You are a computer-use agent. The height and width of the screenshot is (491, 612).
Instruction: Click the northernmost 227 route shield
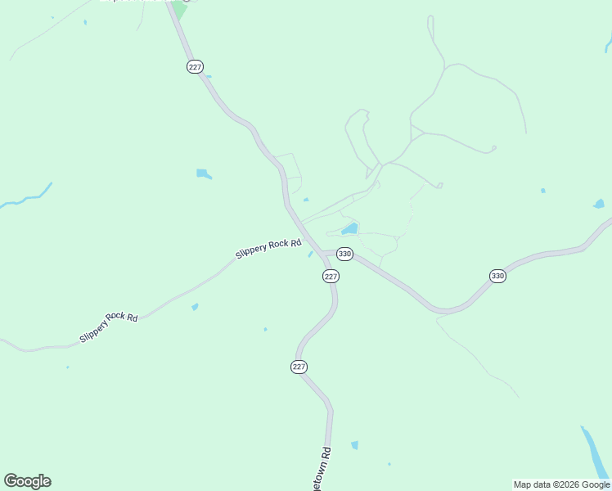point(195,66)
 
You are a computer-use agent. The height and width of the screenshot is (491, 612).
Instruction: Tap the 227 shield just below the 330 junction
point(331,277)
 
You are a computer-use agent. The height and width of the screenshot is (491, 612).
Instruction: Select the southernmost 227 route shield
point(299,367)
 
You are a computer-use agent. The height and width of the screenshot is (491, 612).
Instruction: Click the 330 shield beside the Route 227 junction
point(344,254)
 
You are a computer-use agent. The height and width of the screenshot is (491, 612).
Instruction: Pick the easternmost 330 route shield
point(497,276)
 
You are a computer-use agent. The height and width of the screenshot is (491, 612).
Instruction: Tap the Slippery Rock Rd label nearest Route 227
point(268,249)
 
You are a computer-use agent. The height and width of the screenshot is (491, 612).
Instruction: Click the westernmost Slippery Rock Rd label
point(108,327)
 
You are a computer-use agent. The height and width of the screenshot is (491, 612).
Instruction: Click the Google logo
point(27,481)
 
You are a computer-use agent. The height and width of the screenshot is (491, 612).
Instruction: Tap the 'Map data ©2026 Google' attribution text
point(562,484)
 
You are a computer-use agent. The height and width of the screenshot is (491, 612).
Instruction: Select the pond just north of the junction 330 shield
point(349,228)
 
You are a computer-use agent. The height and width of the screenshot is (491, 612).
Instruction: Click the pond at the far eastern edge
point(599,204)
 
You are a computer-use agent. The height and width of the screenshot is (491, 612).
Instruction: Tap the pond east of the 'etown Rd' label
point(354,445)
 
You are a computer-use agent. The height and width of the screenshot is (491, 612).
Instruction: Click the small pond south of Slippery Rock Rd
point(195,307)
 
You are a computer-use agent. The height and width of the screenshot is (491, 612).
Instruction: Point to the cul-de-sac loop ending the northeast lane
point(493,149)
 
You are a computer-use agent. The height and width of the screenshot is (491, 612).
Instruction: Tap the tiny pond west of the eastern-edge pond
point(542,191)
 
